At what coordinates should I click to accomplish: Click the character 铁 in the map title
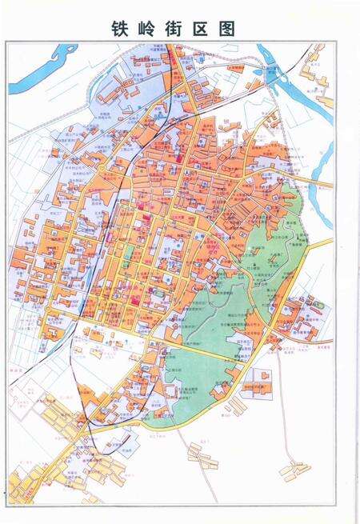123,28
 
